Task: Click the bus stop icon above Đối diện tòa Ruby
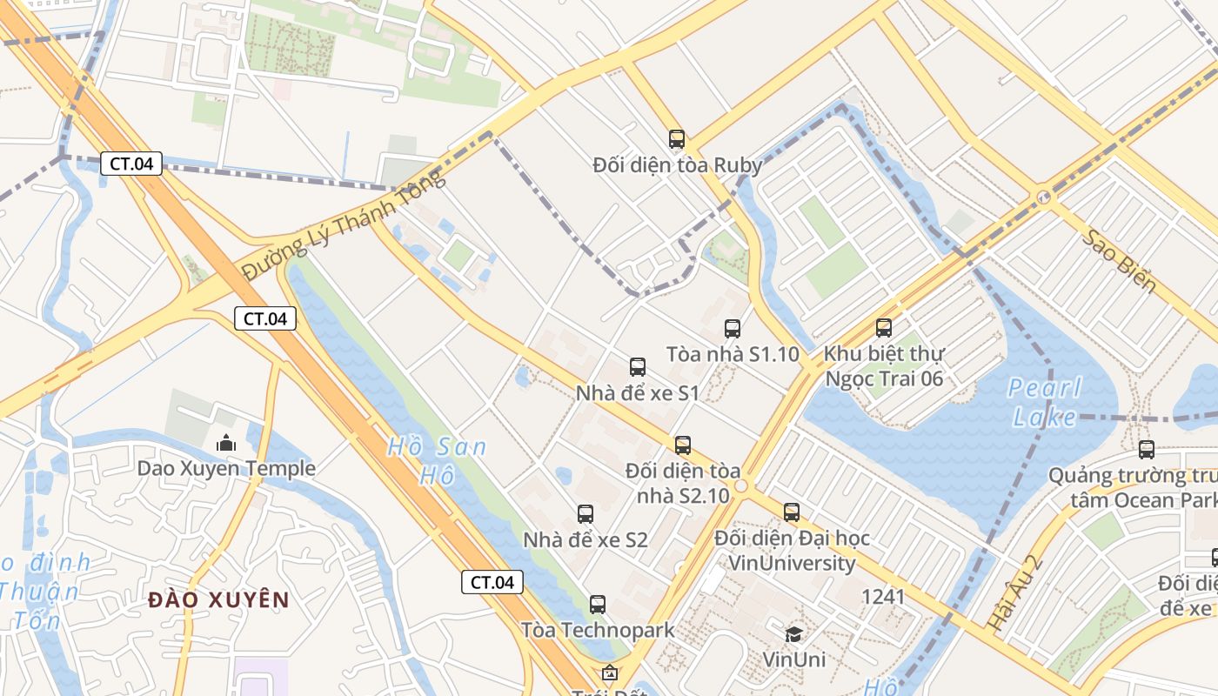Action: (676, 138)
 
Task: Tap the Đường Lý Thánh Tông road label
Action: (344, 224)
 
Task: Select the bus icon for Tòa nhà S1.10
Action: (733, 328)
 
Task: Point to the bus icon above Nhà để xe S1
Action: (638, 366)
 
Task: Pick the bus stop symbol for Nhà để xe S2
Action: (586, 513)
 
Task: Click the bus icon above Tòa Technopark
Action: (598, 604)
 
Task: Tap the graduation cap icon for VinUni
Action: (793, 633)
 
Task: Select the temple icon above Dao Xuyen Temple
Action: (226, 443)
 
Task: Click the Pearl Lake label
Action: (1044, 402)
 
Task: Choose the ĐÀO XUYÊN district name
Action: (217, 599)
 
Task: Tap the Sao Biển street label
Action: (1119, 261)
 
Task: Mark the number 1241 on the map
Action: (883, 597)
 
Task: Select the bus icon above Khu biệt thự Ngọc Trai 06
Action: (884, 327)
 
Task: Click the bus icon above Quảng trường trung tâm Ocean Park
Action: (1147, 449)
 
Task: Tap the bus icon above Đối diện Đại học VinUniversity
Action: (792, 512)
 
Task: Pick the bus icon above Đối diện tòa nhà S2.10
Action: (683, 445)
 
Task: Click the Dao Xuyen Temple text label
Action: (226, 469)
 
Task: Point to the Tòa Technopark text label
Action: (598, 629)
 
